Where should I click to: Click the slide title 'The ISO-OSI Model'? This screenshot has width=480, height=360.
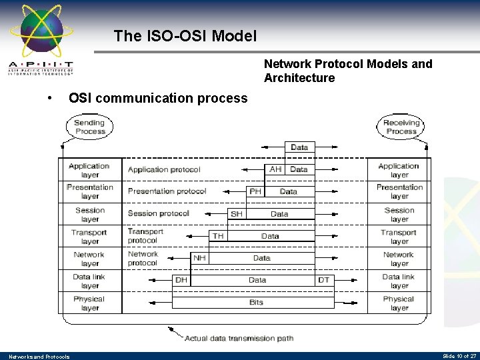(185, 36)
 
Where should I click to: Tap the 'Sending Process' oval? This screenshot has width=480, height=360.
(89, 127)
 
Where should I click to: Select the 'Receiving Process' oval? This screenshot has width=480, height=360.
(401, 127)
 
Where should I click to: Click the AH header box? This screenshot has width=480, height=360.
(275, 169)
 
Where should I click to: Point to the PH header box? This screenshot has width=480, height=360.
(255, 191)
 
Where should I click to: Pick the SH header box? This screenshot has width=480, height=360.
(237, 214)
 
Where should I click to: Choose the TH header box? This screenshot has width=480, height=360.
(217, 236)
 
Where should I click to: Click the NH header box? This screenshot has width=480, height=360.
(199, 258)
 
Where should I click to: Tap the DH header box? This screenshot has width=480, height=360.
(181, 280)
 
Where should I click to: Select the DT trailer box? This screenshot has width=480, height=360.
(324, 280)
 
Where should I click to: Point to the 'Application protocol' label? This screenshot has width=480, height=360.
(164, 169)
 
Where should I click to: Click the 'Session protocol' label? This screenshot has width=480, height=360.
(159, 213)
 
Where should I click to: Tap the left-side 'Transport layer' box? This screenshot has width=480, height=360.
(89, 237)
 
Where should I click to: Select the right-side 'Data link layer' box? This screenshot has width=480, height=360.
(399, 281)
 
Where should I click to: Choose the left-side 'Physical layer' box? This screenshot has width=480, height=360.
(89, 303)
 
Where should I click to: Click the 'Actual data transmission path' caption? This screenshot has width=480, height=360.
(239, 338)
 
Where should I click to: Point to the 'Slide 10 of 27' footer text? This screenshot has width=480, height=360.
(459, 356)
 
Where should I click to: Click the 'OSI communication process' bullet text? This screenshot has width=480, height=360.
(158, 98)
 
